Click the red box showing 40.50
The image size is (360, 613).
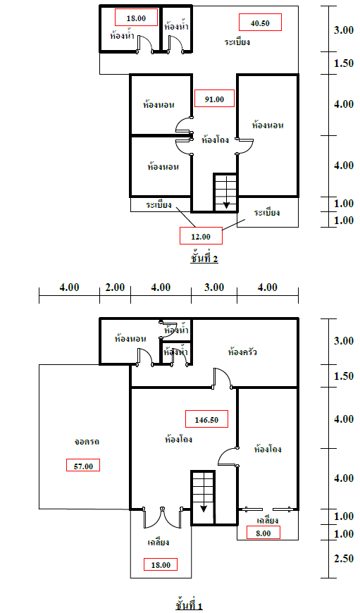pyautogui.click(x=260, y=23)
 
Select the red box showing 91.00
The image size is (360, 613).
pyautogui.click(x=214, y=99)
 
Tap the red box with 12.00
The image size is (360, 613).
pyautogui.click(x=201, y=236)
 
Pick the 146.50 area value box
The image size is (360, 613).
pyautogui.click(x=206, y=419)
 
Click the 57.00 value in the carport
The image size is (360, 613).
pyautogui.click(x=83, y=465)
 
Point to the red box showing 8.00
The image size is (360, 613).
pyautogui.click(x=263, y=533)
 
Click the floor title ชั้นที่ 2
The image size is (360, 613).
pyautogui.click(x=204, y=258)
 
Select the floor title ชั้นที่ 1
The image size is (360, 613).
pyautogui.click(x=190, y=605)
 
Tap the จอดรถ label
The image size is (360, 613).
pyautogui.click(x=87, y=441)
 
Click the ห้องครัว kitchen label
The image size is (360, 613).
pyautogui.click(x=242, y=352)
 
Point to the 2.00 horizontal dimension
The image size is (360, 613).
pyautogui.click(x=115, y=287)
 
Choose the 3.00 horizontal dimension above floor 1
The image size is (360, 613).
pyautogui.click(x=214, y=287)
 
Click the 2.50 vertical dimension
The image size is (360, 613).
pyautogui.click(x=344, y=559)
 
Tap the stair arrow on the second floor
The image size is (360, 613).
pyautogui.click(x=226, y=192)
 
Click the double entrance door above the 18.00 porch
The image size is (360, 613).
pyautogui.click(x=162, y=519)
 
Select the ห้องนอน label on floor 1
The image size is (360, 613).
pyautogui.click(x=130, y=338)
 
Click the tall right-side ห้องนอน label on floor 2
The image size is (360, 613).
pyautogui.click(x=268, y=125)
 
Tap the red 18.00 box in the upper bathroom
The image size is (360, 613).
pyautogui.click(x=136, y=18)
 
